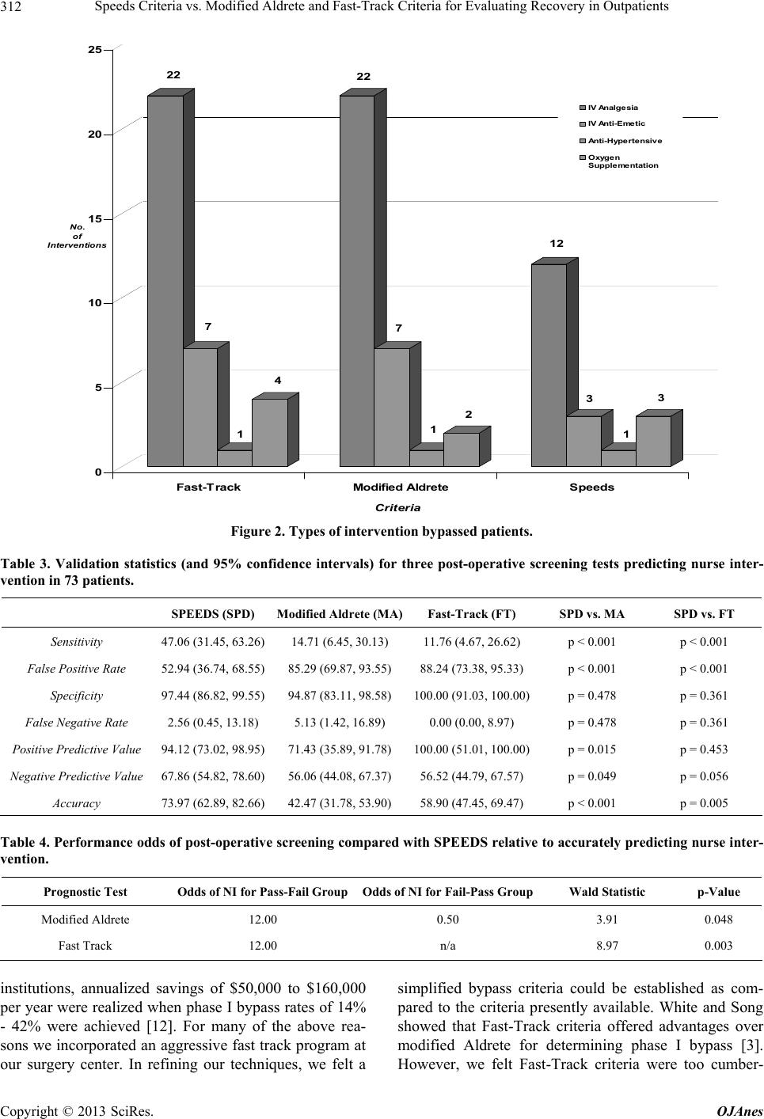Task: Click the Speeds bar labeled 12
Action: tap(549, 365)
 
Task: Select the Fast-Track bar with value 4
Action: tap(270, 433)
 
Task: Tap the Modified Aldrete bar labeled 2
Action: tap(462, 449)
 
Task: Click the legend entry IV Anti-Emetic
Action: tap(613, 123)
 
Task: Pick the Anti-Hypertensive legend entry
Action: tap(621, 141)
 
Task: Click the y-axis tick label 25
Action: tap(94, 49)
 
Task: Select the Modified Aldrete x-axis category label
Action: tap(401, 487)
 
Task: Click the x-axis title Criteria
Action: tap(397, 508)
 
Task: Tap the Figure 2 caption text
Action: tap(382, 532)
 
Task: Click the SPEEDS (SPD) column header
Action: tap(213, 614)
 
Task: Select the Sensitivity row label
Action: tap(77, 642)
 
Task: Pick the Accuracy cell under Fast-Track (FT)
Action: tap(472, 803)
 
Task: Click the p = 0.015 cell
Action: tap(591, 749)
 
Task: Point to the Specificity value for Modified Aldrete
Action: tap(340, 696)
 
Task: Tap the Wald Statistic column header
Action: tap(607, 892)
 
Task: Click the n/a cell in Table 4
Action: tap(447, 946)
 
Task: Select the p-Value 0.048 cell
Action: tap(719, 920)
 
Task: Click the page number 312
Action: tap(11, 7)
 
